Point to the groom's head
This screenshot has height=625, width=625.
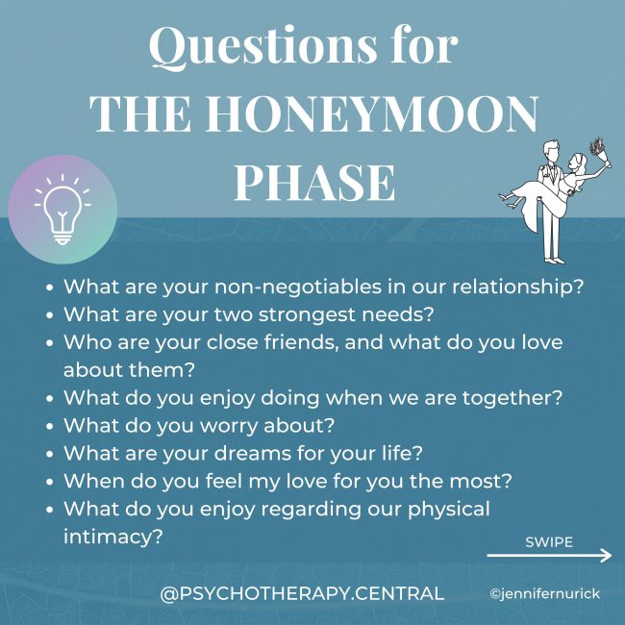[546, 152]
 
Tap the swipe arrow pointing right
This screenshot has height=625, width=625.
[549, 556]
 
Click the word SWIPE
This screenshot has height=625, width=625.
[549, 541]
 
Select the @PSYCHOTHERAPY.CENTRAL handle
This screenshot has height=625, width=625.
[302, 594]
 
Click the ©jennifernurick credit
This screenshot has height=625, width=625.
[544, 594]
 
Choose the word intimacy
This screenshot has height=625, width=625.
[110, 536]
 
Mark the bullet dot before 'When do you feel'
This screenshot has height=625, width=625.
[49, 480]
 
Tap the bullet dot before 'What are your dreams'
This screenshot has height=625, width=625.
[49, 452]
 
